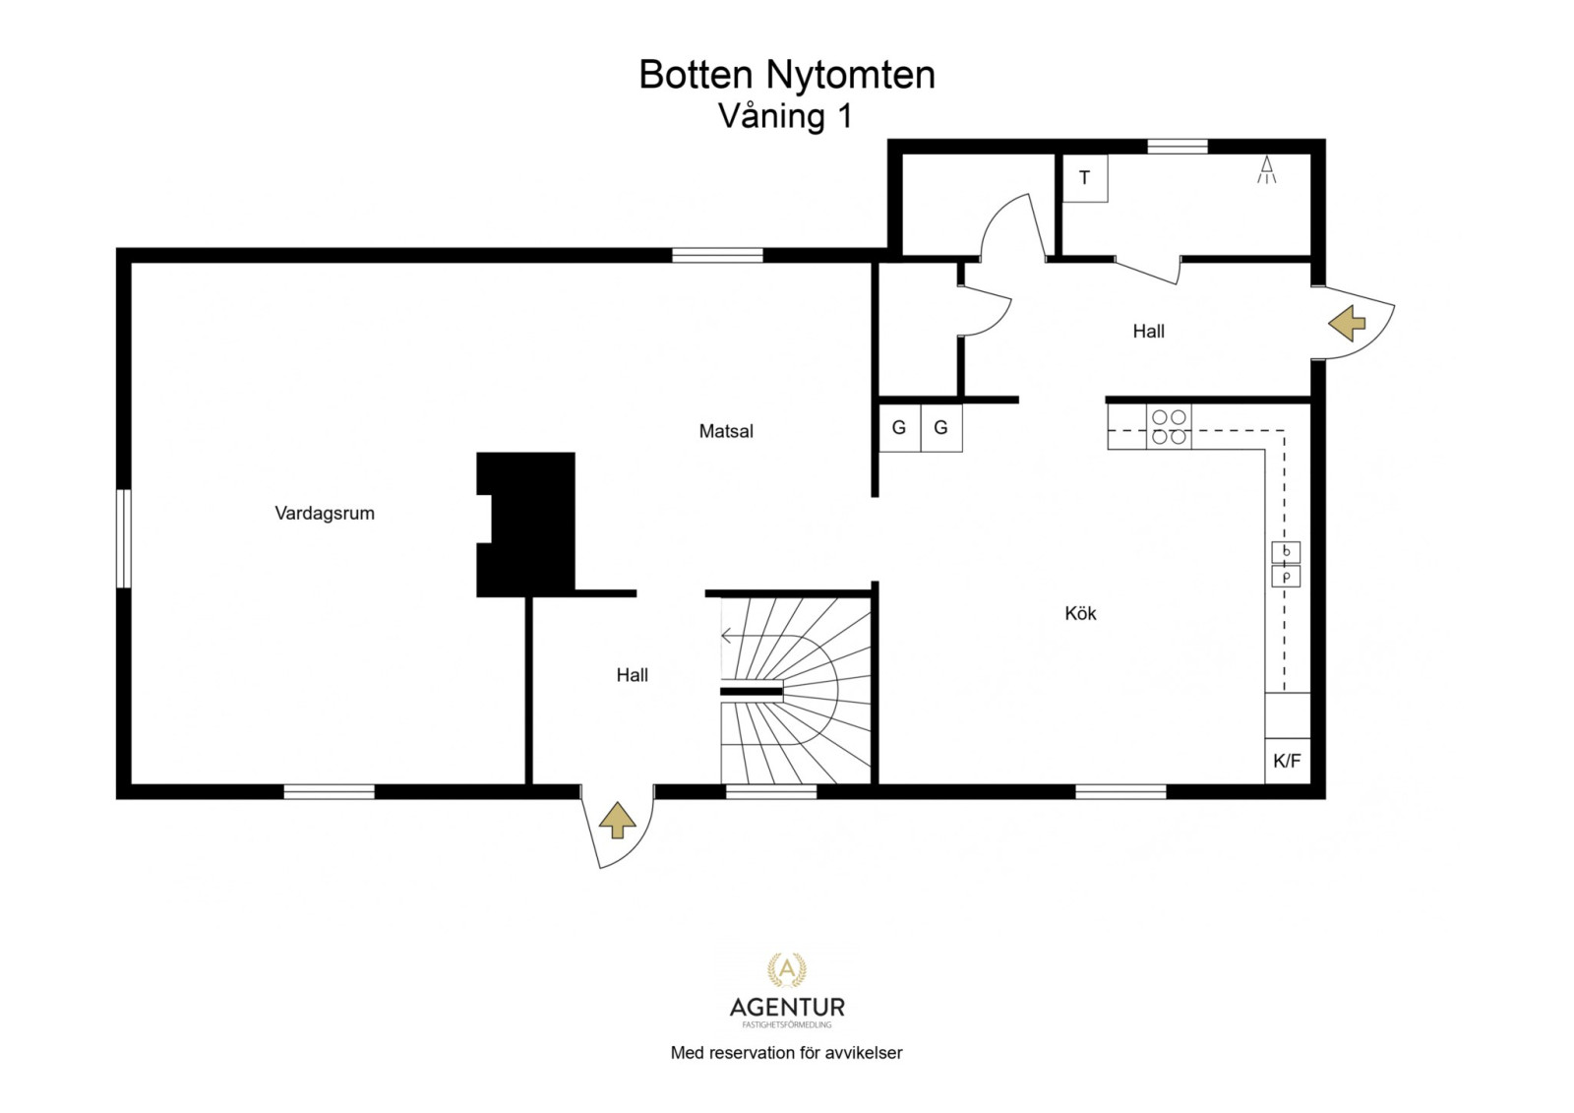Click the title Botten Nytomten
pyautogui.click(x=786, y=75)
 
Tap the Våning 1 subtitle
pyautogui.click(x=785, y=116)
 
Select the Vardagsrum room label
pyautogui.click(x=325, y=513)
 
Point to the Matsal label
pyautogui.click(x=726, y=431)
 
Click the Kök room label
pyautogui.click(x=1080, y=613)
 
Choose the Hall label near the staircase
pyautogui.click(x=632, y=675)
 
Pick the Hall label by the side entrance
pyautogui.click(x=1148, y=332)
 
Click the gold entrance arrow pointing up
pyautogui.click(x=617, y=820)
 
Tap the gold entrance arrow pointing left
pyautogui.click(x=1347, y=323)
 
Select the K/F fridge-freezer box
pyautogui.click(x=1287, y=761)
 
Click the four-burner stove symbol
pyautogui.click(x=1169, y=427)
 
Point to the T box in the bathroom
pyautogui.click(x=1085, y=178)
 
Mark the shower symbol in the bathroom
pyautogui.click(x=1267, y=170)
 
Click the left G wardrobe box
pyautogui.click(x=899, y=428)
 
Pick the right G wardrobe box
pyautogui.click(x=941, y=428)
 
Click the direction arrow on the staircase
pyautogui.click(x=729, y=636)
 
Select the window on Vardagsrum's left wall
pyautogui.click(x=124, y=538)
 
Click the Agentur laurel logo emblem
pyautogui.click(x=786, y=970)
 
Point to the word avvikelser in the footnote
pyautogui.click(x=863, y=1053)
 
